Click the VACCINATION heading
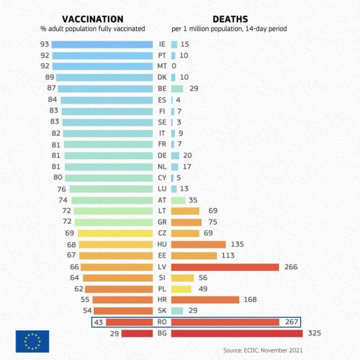[93, 19]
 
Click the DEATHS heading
[230, 19]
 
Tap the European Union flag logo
[32, 341]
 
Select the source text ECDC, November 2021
[263, 350]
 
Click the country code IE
[162, 44]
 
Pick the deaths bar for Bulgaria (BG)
[237, 333]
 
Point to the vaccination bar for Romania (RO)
[129, 322]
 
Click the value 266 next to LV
[291, 267]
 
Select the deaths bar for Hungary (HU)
[198, 244]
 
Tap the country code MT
[162, 66]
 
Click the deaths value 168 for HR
[250, 300]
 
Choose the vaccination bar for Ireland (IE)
[102, 44]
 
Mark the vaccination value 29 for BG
[115, 333]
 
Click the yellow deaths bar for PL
[181, 289]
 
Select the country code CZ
[162, 233]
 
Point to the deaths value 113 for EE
[228, 255]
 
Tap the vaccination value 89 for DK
[49, 77]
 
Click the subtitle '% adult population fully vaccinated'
[93, 29]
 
